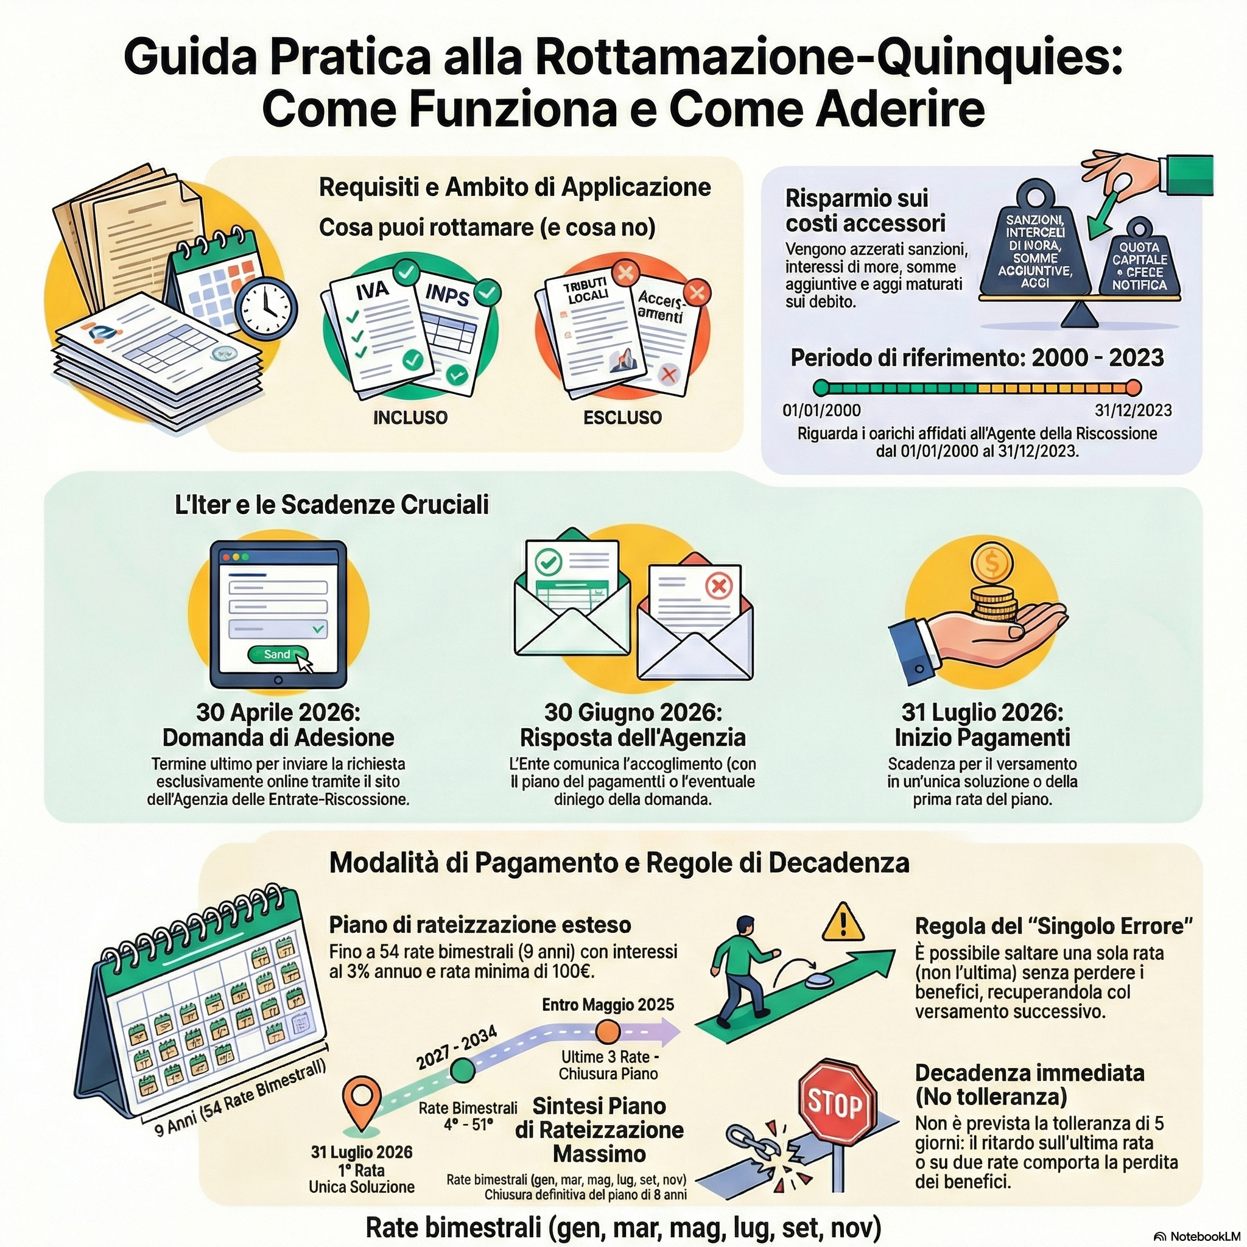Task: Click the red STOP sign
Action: tap(837, 1103)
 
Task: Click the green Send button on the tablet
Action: tap(278, 654)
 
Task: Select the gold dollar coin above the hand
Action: tap(992, 564)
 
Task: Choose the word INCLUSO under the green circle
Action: tap(410, 418)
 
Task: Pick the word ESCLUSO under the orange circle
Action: tap(622, 418)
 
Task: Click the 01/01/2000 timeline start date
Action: tap(821, 410)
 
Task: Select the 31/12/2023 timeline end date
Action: tap(1133, 410)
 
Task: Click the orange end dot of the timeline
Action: tap(1133, 388)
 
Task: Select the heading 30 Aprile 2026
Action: tap(278, 712)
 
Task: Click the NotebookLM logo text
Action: tap(1202, 1236)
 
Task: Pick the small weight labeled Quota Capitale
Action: tap(1139, 265)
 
